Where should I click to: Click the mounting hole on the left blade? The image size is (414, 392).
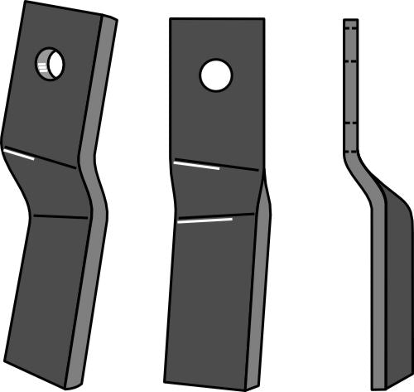pos(51,63)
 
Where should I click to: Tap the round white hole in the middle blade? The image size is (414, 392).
pos(215,75)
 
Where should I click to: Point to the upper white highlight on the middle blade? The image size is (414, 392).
pos(196,164)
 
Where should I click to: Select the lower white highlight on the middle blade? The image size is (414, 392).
pos(204,221)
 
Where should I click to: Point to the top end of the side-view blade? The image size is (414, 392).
pos(351,20)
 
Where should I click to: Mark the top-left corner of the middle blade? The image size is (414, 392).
pos(171,20)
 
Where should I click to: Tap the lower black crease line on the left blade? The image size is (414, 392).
pos(58,216)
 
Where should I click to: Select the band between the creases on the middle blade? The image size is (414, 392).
pos(215,192)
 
